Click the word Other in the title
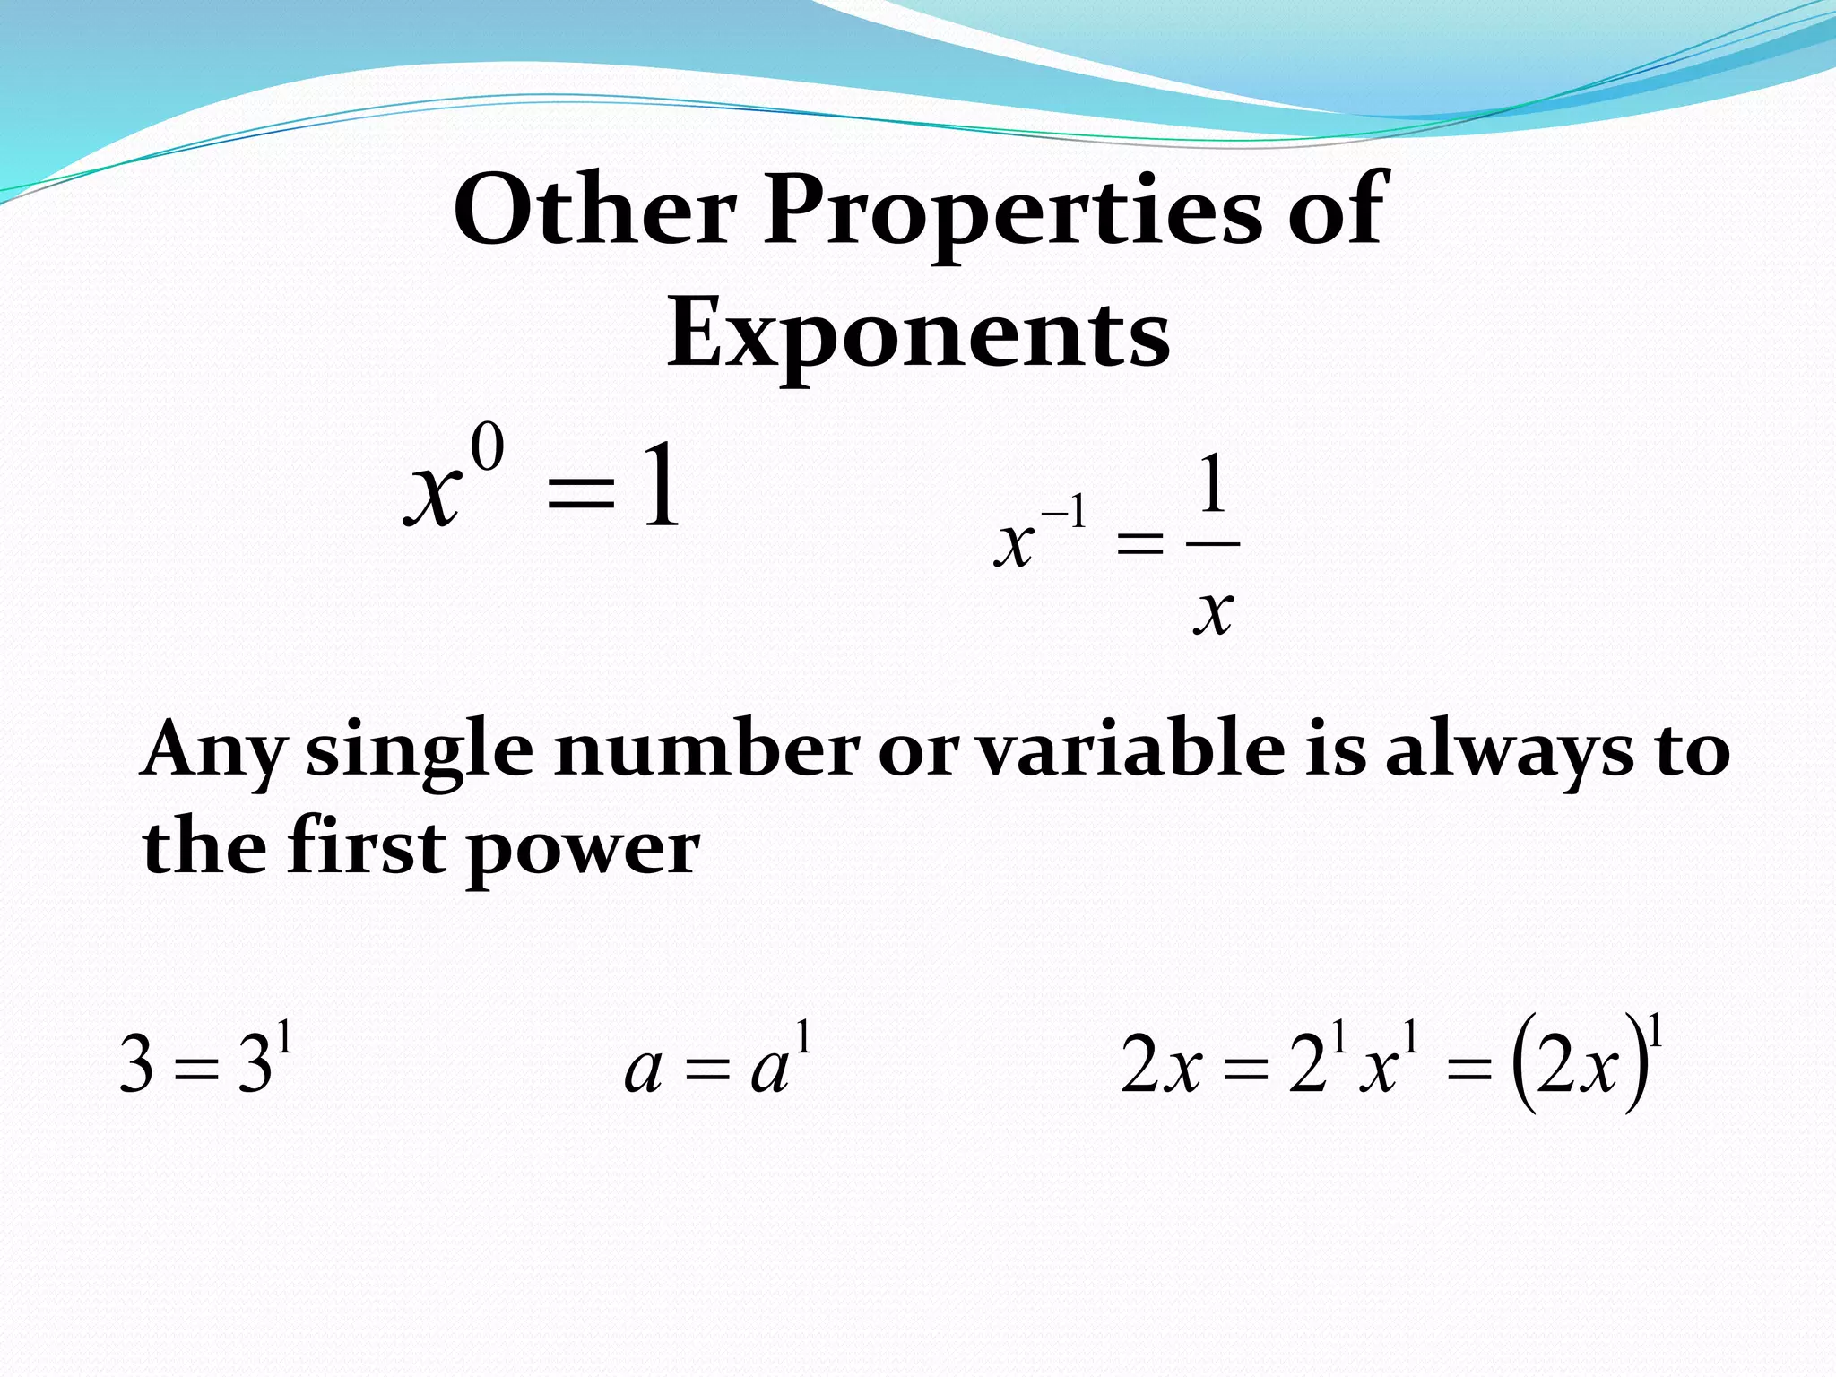pos(594,210)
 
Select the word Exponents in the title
pos(918,335)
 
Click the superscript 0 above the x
pos(488,449)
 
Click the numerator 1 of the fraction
pos(1212,484)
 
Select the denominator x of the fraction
pos(1214,611)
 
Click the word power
pos(584,851)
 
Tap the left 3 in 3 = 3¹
pos(136,1065)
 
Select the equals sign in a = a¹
pos(707,1070)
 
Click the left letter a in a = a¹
pos(643,1070)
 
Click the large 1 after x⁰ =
pos(662,489)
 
